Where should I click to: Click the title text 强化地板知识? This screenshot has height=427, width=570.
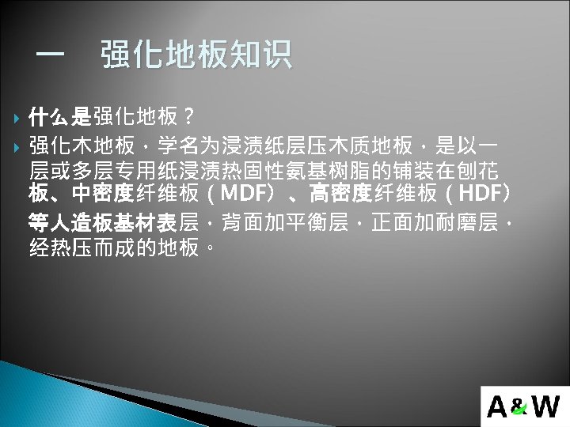coord(196,55)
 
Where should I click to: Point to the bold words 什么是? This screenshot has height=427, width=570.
coord(60,119)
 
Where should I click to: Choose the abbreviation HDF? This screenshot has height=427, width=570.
coord(483,194)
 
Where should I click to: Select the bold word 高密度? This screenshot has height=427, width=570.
coord(340,194)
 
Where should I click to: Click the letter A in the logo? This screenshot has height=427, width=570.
coord(499,406)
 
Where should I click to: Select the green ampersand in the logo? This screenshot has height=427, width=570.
coord(519,408)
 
